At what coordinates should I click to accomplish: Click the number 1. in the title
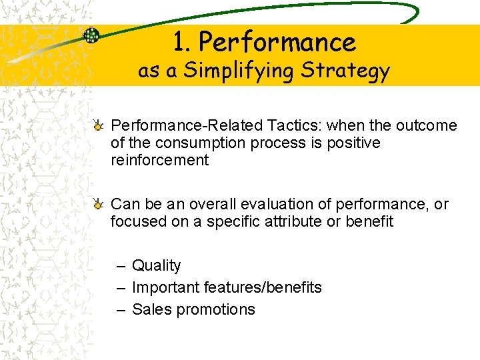click(x=183, y=43)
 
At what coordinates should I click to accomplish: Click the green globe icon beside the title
click(x=91, y=35)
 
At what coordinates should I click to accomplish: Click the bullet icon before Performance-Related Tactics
click(x=98, y=125)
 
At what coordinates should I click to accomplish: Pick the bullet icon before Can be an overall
click(x=98, y=203)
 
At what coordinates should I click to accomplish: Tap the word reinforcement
click(x=159, y=160)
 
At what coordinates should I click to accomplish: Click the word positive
click(x=353, y=143)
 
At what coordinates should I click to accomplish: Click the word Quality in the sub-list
click(x=156, y=265)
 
